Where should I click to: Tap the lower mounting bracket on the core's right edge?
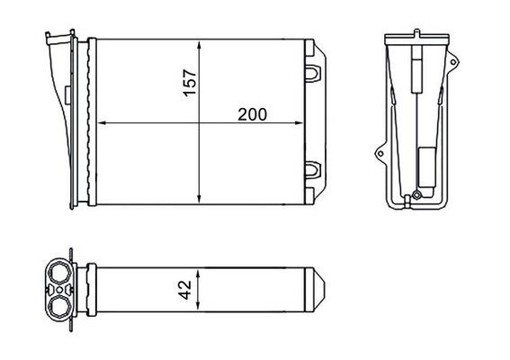(x=314, y=169)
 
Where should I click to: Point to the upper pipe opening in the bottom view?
(x=59, y=272)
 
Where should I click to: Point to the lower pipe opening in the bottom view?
(x=59, y=306)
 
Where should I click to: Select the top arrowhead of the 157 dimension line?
(x=198, y=43)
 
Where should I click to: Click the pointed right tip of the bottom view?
(x=326, y=290)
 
